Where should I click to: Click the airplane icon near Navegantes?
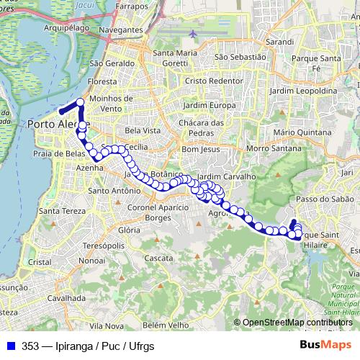[194, 34]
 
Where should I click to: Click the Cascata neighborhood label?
[158, 257]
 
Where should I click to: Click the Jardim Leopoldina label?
[306, 91]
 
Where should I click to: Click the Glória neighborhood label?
[129, 230]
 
